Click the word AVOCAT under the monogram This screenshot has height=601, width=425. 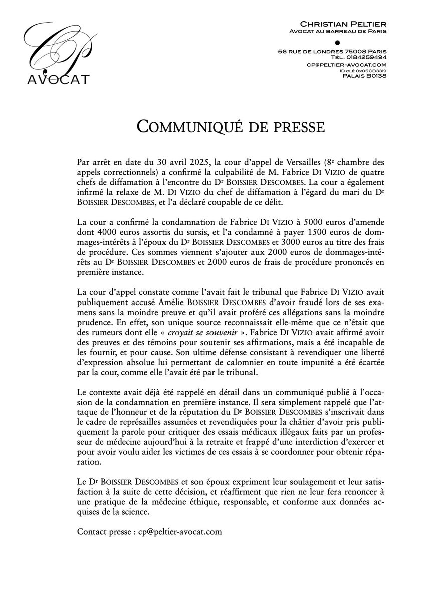click(x=52, y=79)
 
